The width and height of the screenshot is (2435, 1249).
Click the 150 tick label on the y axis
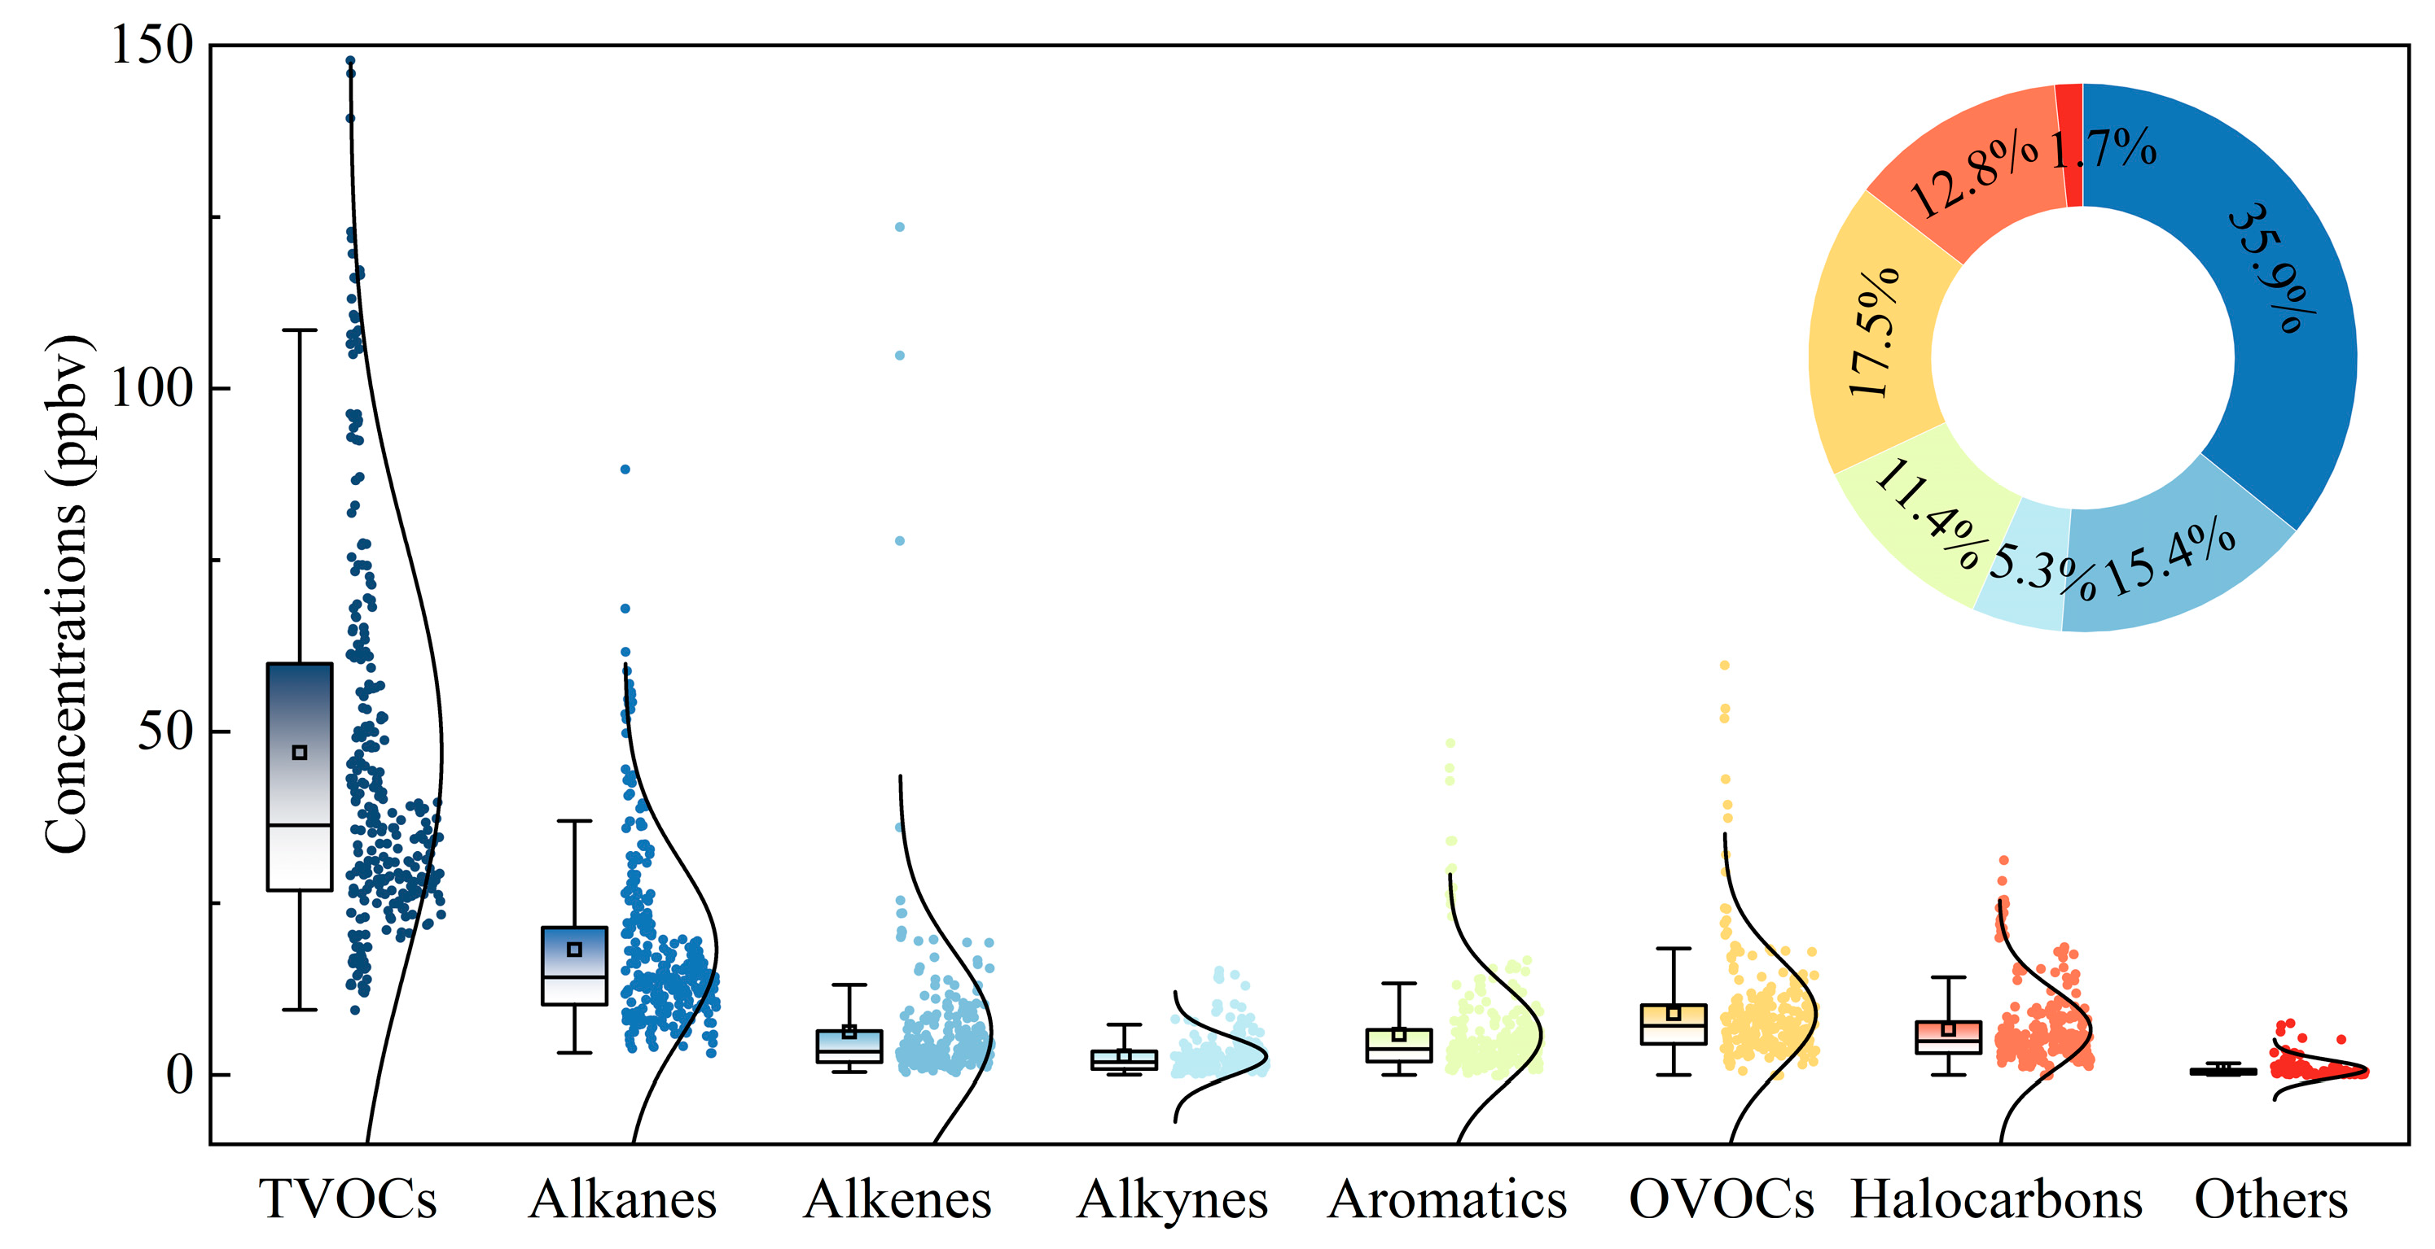[x=151, y=46]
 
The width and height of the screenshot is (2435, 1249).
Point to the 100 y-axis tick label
[x=151, y=388]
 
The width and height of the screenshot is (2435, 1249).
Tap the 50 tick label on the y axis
[x=165, y=732]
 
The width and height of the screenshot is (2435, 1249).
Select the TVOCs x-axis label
[x=349, y=1200]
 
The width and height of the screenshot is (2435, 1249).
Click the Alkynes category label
[x=1172, y=1200]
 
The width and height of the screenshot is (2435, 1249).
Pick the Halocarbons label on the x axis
[x=1995, y=1200]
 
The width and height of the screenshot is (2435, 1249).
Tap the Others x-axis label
[x=2270, y=1200]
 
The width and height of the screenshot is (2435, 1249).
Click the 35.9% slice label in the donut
[x=2271, y=269]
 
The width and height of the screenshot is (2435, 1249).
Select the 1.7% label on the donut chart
[x=2104, y=149]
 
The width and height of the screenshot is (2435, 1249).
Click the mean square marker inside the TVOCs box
[x=300, y=753]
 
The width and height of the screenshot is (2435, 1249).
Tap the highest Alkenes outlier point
[x=900, y=227]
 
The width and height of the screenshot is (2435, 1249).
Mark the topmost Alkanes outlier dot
[x=625, y=469]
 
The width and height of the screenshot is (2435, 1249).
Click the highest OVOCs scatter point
[x=1724, y=665]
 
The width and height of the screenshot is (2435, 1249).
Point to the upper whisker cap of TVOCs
[x=300, y=330]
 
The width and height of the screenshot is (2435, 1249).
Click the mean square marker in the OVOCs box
[x=1673, y=1014]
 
